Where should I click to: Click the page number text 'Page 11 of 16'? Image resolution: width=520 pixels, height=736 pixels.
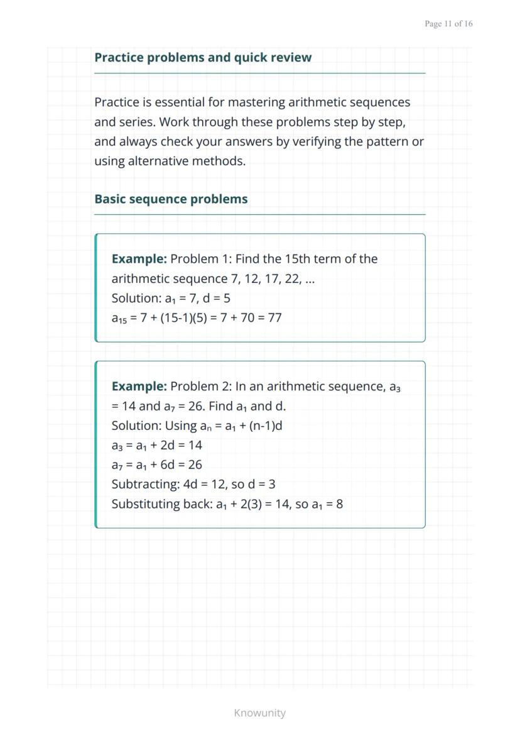[448, 24]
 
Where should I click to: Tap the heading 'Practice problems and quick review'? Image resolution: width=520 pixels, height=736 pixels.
[202, 58]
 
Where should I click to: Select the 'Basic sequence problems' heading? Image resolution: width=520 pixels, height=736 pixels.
[171, 199]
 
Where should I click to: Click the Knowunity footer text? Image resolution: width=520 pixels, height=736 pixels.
[259, 713]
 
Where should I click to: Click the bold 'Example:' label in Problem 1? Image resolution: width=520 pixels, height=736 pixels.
[139, 259]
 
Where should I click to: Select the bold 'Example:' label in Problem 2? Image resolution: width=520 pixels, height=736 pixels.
[139, 387]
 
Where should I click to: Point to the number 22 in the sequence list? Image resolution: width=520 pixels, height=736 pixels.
[293, 278]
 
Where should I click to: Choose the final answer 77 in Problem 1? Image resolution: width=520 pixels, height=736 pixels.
[274, 317]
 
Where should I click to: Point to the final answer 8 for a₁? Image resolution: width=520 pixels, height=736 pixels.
[339, 504]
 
